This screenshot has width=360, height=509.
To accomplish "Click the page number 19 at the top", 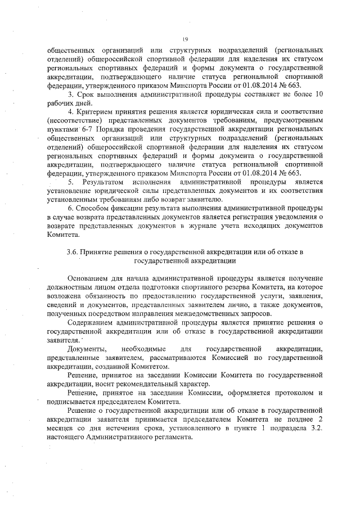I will (184, 38).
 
